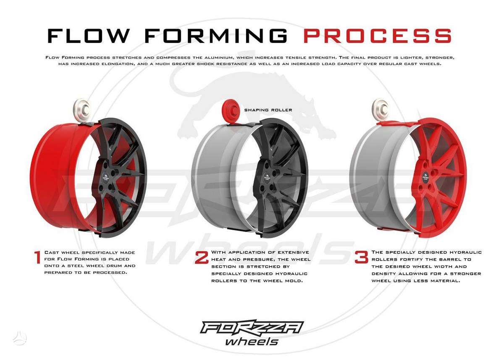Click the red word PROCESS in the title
[x=378, y=36]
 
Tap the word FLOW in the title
[x=88, y=36]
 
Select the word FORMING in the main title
[x=216, y=36]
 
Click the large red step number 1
[x=37, y=257]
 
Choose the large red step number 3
[x=361, y=257]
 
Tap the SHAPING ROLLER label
[x=268, y=110]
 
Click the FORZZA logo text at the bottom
[x=252, y=327]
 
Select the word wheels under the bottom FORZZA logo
[x=252, y=342]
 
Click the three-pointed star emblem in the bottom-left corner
[x=20, y=338]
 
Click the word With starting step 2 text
[x=219, y=252]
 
